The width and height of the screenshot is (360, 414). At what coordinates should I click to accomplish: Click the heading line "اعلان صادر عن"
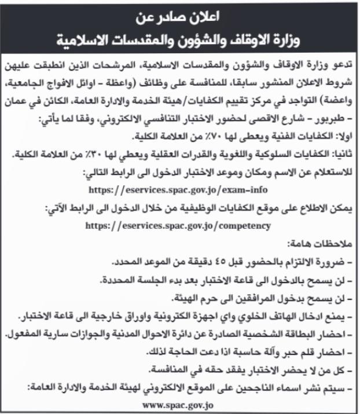pyautogui.click(x=180, y=16)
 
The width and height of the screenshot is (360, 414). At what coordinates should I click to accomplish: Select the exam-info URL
pyautogui.click(x=180, y=189)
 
